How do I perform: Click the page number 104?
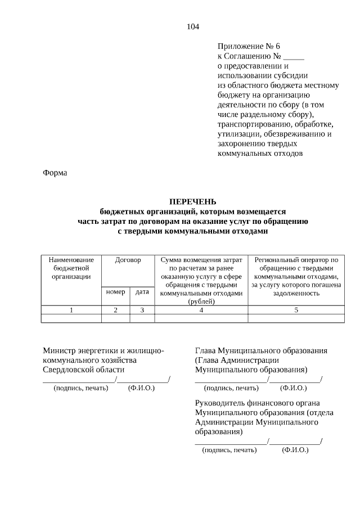[x=192, y=26]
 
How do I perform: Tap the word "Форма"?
[x=55, y=173]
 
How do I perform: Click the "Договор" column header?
[x=128, y=260]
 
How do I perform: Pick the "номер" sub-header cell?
[x=115, y=292]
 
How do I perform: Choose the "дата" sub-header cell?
[x=142, y=292]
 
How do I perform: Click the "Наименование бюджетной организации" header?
[x=71, y=268]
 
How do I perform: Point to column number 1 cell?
[x=71, y=310]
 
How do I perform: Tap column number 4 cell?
[x=201, y=310]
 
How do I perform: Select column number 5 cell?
[x=296, y=310]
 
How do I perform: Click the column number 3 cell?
[x=142, y=310]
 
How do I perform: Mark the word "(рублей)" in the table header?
[x=201, y=301]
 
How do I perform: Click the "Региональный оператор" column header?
[x=296, y=260]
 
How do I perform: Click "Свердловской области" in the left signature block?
[x=84, y=370]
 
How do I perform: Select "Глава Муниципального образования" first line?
[x=261, y=351]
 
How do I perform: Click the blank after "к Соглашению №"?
[x=294, y=56]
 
